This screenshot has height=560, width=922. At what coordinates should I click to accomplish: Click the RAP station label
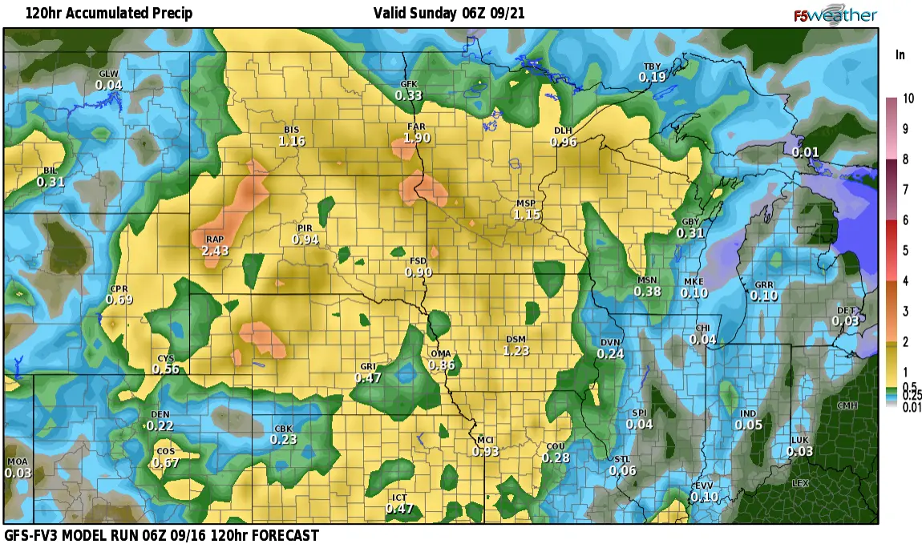coord(214,240)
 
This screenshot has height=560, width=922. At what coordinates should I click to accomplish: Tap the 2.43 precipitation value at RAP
coord(215,252)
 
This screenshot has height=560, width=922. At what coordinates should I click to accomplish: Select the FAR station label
coord(416,127)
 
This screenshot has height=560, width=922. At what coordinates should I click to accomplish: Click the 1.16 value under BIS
coord(292,141)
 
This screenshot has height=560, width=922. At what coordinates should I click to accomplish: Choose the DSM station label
coord(516,339)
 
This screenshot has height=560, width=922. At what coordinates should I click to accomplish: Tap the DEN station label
coord(160,414)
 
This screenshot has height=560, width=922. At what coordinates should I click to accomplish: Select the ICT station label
coord(399,498)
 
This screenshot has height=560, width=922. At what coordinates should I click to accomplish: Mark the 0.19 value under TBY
coord(653,78)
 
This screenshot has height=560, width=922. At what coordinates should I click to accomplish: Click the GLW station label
coord(108,74)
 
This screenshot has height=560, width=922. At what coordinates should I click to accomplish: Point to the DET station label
coord(846,310)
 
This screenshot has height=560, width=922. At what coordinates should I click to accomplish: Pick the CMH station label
coord(847,405)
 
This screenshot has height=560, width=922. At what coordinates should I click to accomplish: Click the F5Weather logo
coord(835,15)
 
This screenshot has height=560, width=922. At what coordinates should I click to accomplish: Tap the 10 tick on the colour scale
coord(908,99)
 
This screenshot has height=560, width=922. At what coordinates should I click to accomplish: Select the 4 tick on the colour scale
coord(906,280)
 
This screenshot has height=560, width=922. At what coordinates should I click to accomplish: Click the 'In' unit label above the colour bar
coord(900,54)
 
